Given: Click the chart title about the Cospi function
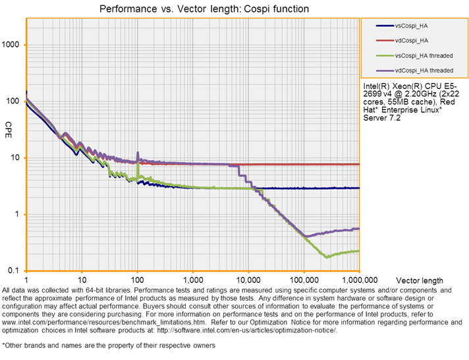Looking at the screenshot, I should click(204, 9).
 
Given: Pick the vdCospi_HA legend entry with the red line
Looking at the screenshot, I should click(412, 40).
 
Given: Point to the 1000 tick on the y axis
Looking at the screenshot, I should click(13, 45).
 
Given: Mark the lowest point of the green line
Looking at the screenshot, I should click(325, 256).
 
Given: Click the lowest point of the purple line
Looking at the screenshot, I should click(306, 236).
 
